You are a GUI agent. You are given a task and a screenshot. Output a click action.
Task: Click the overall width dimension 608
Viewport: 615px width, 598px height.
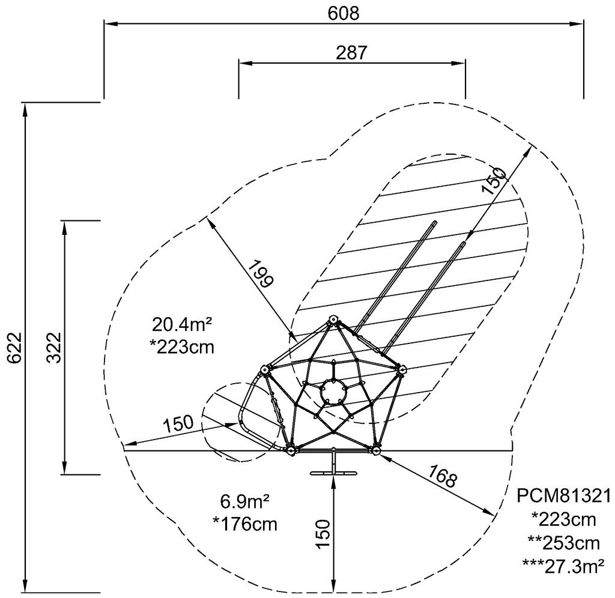tap(343, 14)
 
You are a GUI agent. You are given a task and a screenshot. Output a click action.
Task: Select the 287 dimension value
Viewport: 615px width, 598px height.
tap(351, 53)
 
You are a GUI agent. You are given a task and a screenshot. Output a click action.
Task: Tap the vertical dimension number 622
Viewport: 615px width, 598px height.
tap(14, 348)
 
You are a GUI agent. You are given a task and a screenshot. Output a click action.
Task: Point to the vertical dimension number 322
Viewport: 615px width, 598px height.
tap(53, 348)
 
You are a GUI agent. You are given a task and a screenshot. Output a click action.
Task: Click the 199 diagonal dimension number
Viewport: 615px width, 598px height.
tap(261, 274)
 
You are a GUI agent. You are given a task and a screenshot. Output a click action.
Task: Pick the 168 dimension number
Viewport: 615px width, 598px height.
tap(443, 476)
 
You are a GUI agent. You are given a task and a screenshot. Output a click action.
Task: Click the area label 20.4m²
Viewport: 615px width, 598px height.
tap(182, 325)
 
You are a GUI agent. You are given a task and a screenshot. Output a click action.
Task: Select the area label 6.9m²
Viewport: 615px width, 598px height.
tap(245, 501)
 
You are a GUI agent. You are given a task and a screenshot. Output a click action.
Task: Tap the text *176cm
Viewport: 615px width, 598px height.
tap(245, 524)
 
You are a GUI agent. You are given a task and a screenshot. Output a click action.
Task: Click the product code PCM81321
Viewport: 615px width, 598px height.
tap(563, 496)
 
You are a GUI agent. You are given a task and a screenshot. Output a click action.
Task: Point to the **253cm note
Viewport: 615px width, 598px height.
tap(563, 543)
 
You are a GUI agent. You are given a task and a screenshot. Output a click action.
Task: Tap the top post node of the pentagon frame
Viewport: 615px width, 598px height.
tap(333, 319)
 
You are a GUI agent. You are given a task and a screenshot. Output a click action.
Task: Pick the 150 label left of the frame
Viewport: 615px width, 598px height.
tap(178, 423)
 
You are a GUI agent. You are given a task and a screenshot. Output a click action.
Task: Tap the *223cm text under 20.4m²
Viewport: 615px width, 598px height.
tap(182, 348)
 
